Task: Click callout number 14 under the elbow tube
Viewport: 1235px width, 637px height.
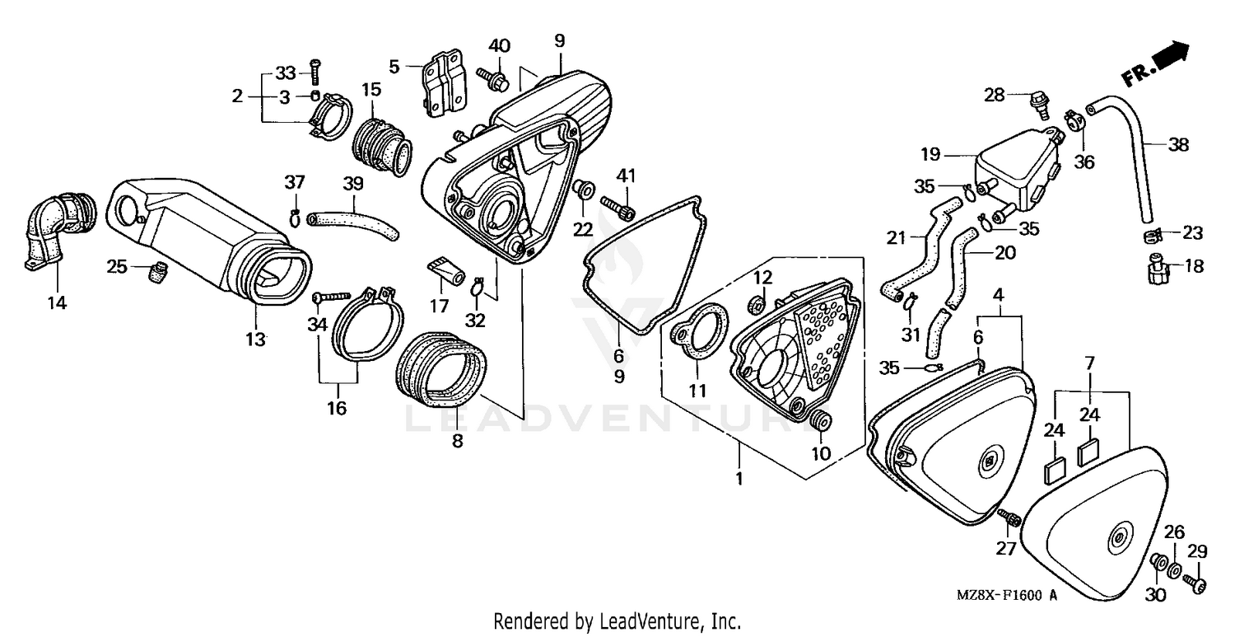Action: [x=56, y=302]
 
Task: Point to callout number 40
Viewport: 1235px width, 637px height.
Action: [x=500, y=44]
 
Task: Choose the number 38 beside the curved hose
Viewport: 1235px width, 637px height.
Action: [x=1179, y=144]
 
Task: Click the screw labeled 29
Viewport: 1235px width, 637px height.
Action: [x=1195, y=584]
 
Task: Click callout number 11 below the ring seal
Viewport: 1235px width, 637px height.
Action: [x=697, y=391]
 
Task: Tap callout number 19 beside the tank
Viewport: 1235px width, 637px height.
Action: [x=930, y=154]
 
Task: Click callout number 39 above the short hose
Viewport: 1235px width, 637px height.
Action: [x=352, y=181]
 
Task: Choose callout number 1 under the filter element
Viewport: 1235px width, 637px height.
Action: [x=739, y=478]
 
